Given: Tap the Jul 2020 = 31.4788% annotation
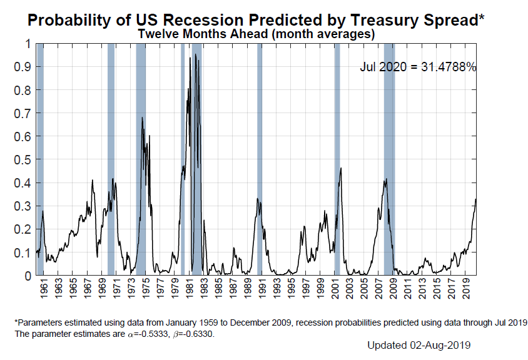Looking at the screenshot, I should [x=418, y=67].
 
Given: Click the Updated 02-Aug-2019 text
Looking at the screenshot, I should [x=419, y=344].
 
